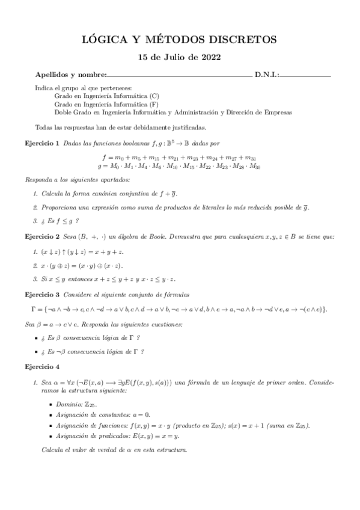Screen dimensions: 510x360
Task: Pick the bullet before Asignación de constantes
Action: (50, 415)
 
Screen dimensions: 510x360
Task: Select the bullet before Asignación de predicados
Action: (50, 435)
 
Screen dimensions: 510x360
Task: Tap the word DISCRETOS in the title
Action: (243, 40)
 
